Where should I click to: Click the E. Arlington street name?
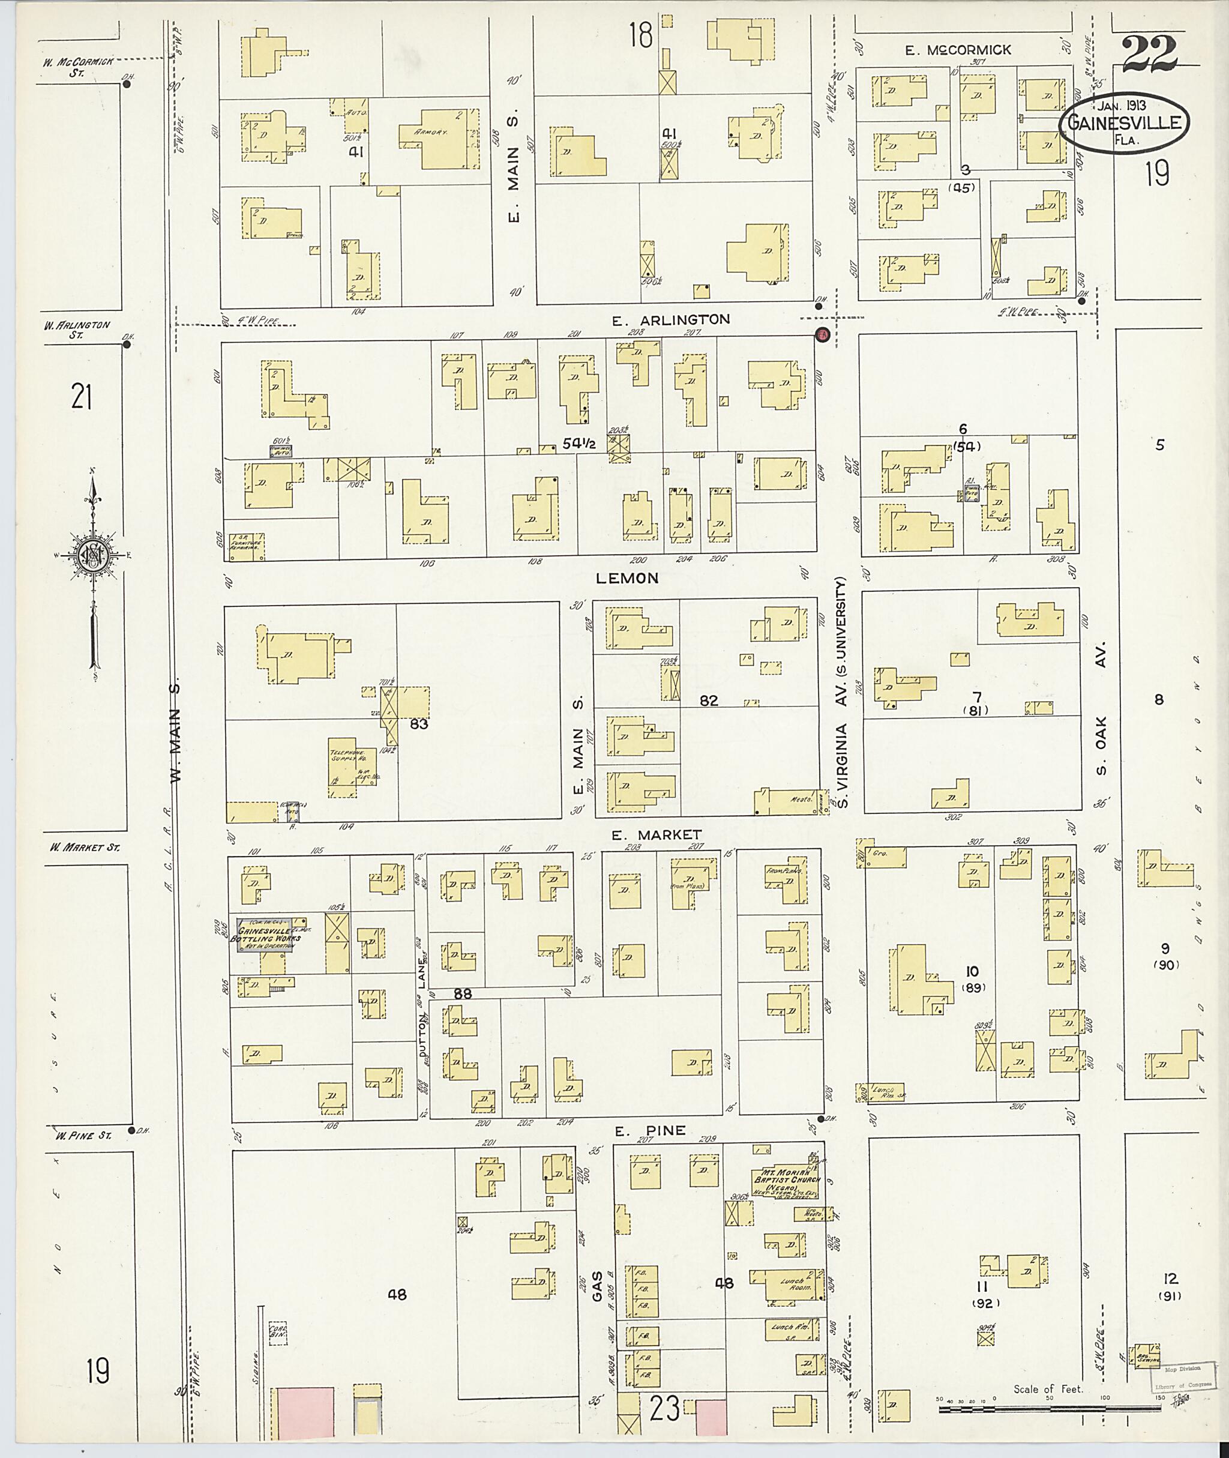coord(671,320)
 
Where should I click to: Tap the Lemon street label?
coord(627,578)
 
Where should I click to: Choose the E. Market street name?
coord(657,834)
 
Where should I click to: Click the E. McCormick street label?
coord(958,50)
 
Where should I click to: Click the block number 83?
coord(418,724)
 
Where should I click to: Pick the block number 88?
coord(463,995)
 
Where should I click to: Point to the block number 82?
coord(709,700)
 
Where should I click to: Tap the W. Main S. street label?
coord(176,732)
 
